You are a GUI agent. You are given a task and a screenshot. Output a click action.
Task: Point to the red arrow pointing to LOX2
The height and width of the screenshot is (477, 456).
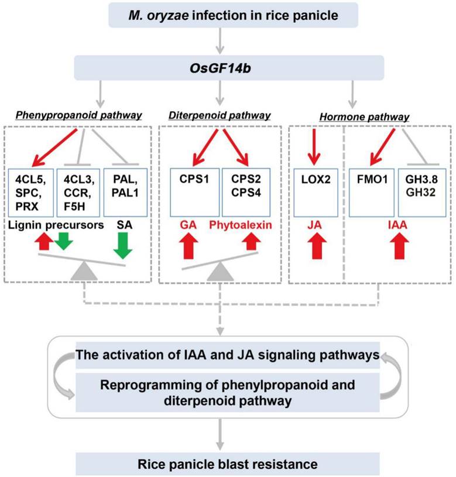315,146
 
